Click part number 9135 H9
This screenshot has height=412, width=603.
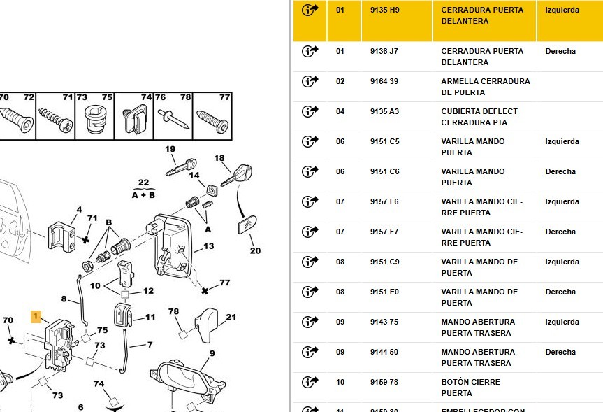(x=384, y=10)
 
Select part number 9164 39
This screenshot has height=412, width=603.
(x=384, y=81)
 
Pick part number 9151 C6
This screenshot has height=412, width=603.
(x=384, y=171)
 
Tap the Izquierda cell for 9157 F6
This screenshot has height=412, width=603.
(x=562, y=201)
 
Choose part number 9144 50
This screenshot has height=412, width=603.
(x=384, y=352)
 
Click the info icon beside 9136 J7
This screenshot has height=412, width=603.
(x=310, y=51)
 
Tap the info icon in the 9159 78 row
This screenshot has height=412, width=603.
(x=310, y=382)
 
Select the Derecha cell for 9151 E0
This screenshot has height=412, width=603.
(x=560, y=292)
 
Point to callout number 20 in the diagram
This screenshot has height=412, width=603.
(x=255, y=250)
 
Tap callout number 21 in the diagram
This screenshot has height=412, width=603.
(x=231, y=317)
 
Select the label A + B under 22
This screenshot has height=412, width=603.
(x=143, y=194)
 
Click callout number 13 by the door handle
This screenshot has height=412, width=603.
(x=208, y=246)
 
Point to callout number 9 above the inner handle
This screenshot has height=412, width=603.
(x=212, y=353)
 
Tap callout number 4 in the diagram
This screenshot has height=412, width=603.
(x=79, y=209)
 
